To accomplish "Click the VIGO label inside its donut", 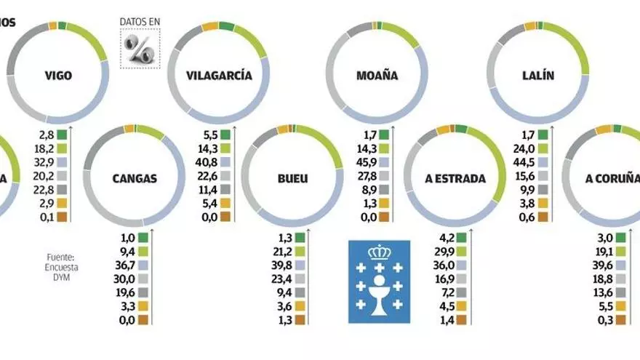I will [57, 74].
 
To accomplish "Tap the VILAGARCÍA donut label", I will [219, 75].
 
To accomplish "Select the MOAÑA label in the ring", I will [377, 74].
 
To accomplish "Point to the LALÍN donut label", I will [538, 74].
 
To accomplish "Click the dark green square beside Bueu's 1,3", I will [311, 236].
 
